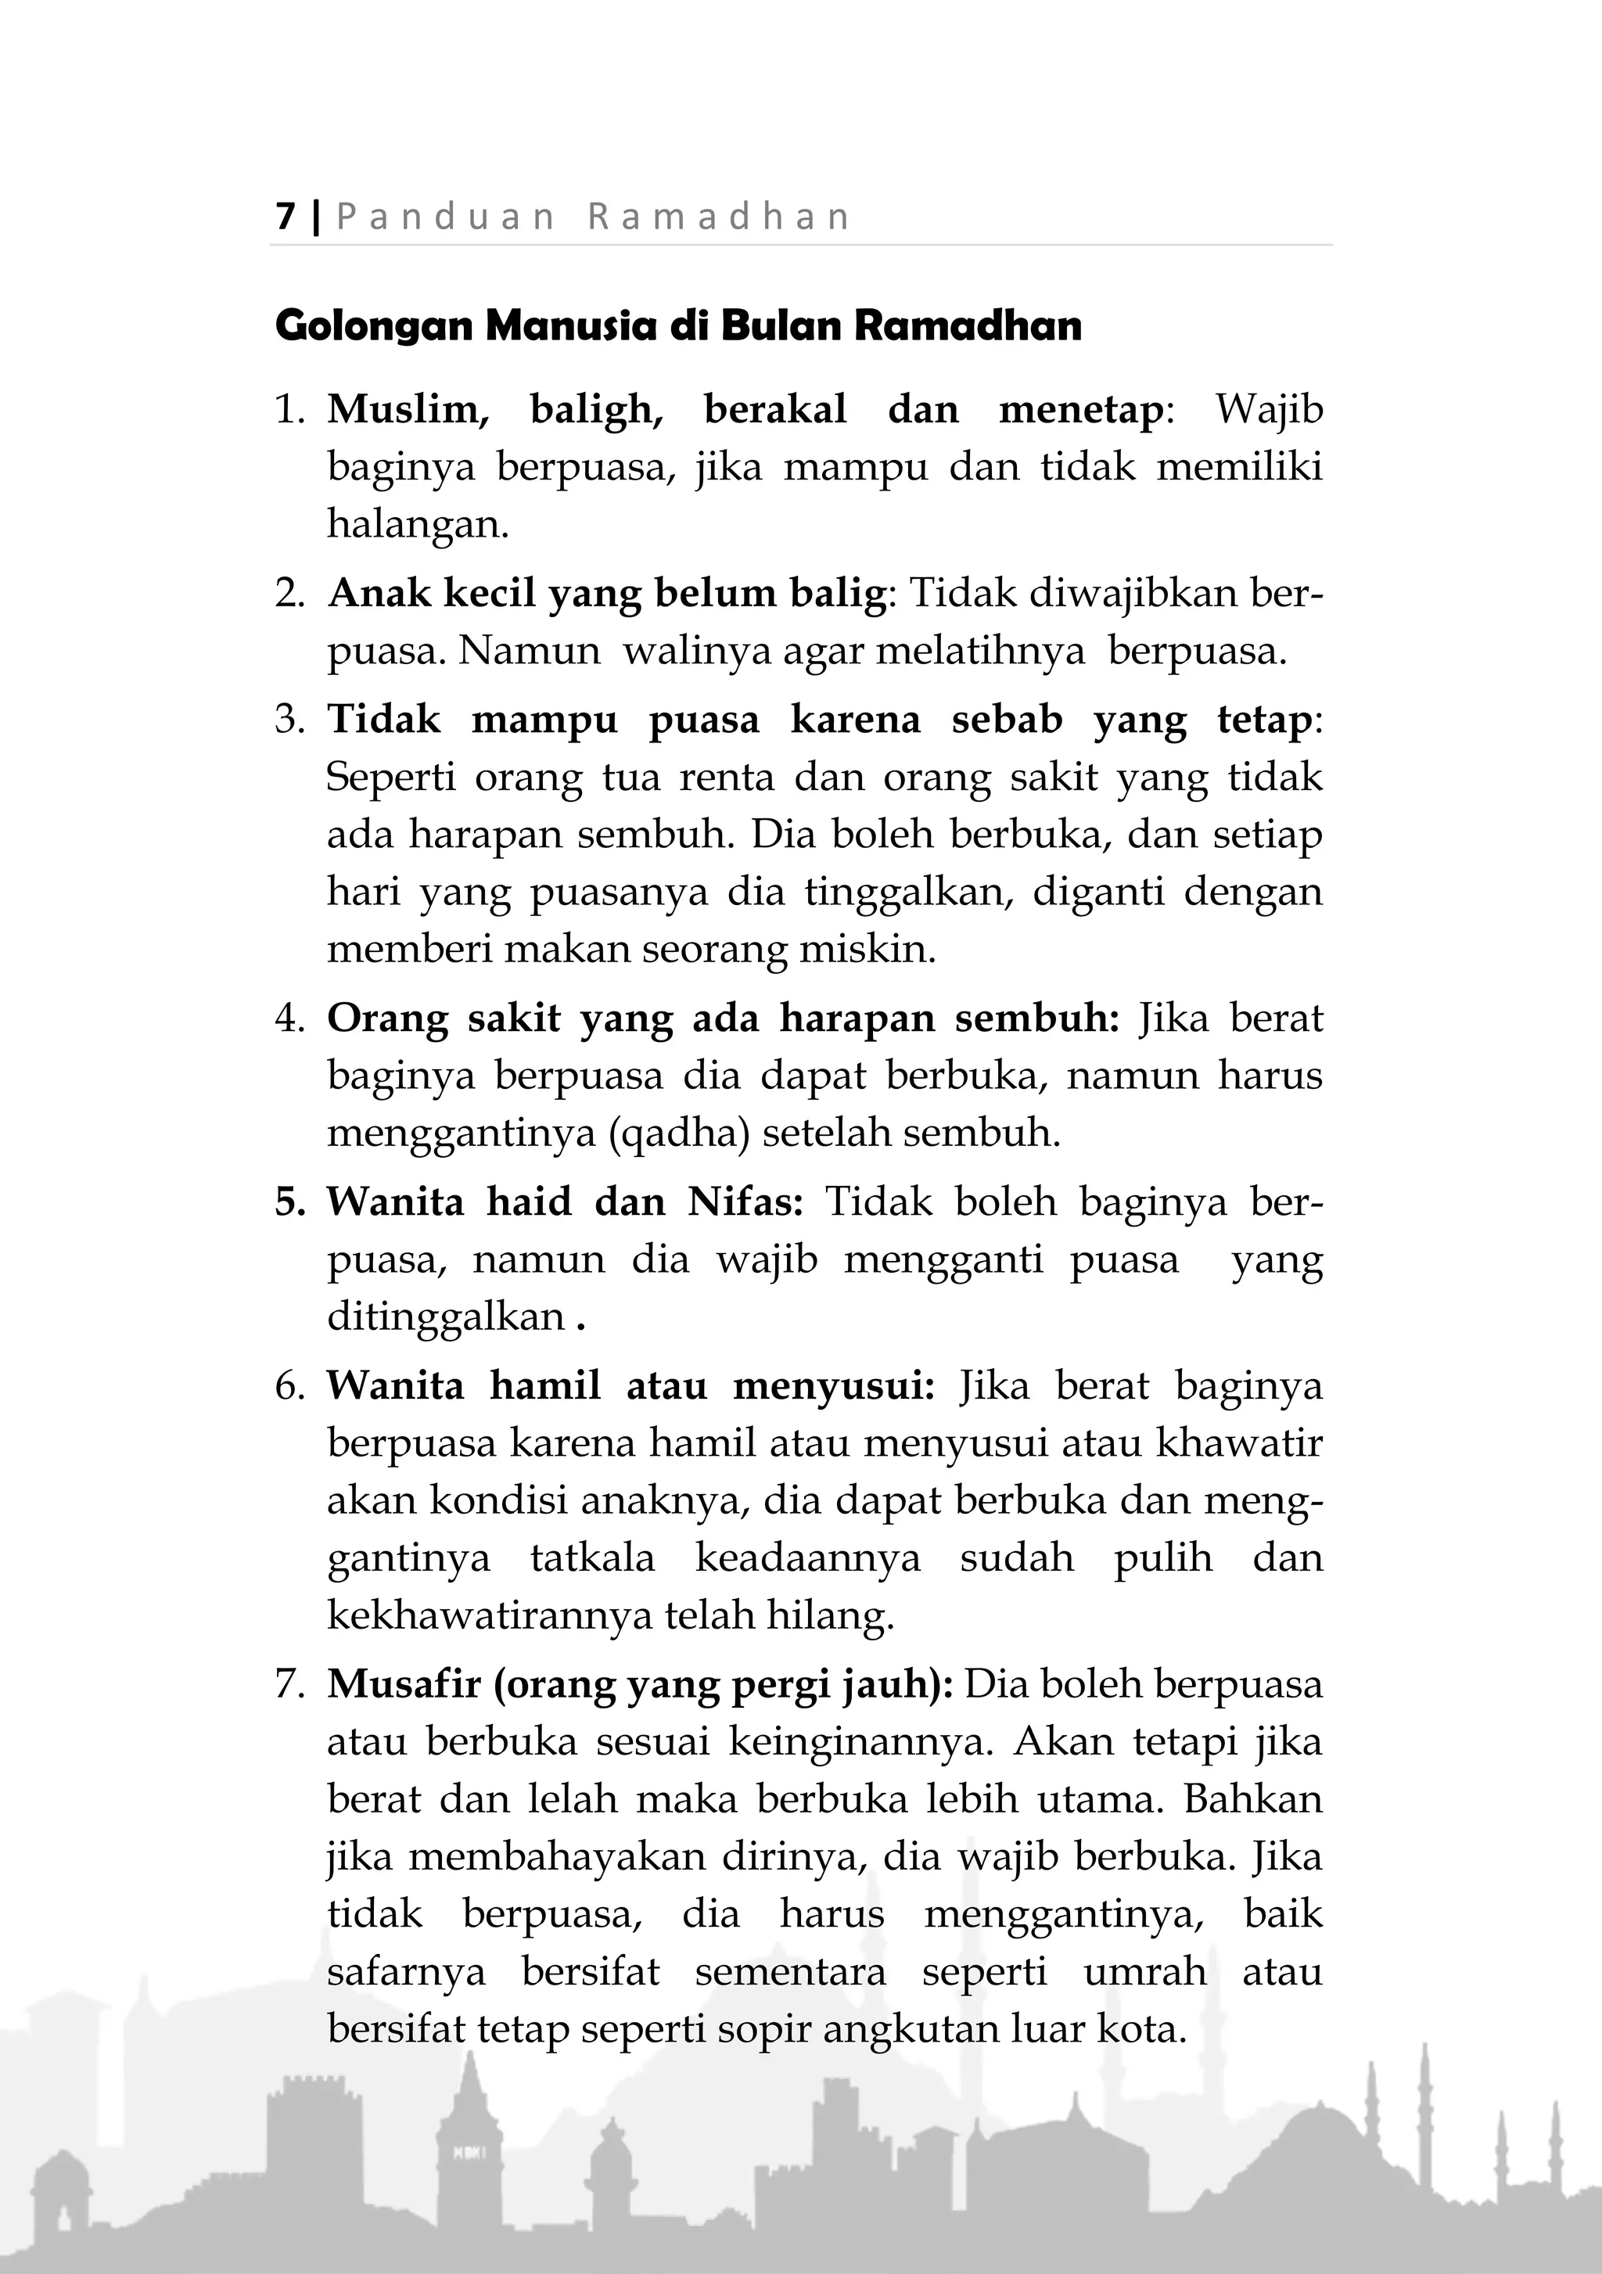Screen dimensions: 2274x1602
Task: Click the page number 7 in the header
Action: pyautogui.click(x=286, y=216)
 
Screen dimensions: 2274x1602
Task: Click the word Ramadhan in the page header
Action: pyautogui.click(x=719, y=216)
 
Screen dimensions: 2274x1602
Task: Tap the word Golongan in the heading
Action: pyautogui.click(x=373, y=326)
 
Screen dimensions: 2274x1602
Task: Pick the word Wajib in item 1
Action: pyautogui.click(x=1268, y=409)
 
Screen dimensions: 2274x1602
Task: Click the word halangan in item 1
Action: pyautogui.click(x=417, y=524)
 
